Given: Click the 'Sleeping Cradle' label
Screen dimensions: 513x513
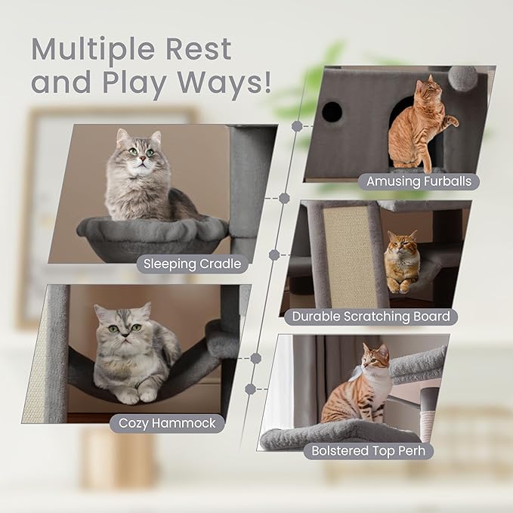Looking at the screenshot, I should [x=193, y=264].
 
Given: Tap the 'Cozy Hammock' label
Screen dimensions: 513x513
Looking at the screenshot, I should [x=167, y=423].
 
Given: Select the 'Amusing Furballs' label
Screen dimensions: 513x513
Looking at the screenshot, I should [x=419, y=181].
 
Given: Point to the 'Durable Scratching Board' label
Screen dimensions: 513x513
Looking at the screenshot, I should [x=371, y=317].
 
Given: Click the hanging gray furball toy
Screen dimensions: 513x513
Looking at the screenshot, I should [x=462, y=77].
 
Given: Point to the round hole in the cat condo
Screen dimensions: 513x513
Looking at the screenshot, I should [x=332, y=112].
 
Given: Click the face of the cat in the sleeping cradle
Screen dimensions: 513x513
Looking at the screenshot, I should [x=138, y=150].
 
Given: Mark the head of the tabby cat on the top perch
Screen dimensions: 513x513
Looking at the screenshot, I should [x=374, y=358].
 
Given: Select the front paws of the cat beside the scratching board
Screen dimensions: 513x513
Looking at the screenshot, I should [x=400, y=286].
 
